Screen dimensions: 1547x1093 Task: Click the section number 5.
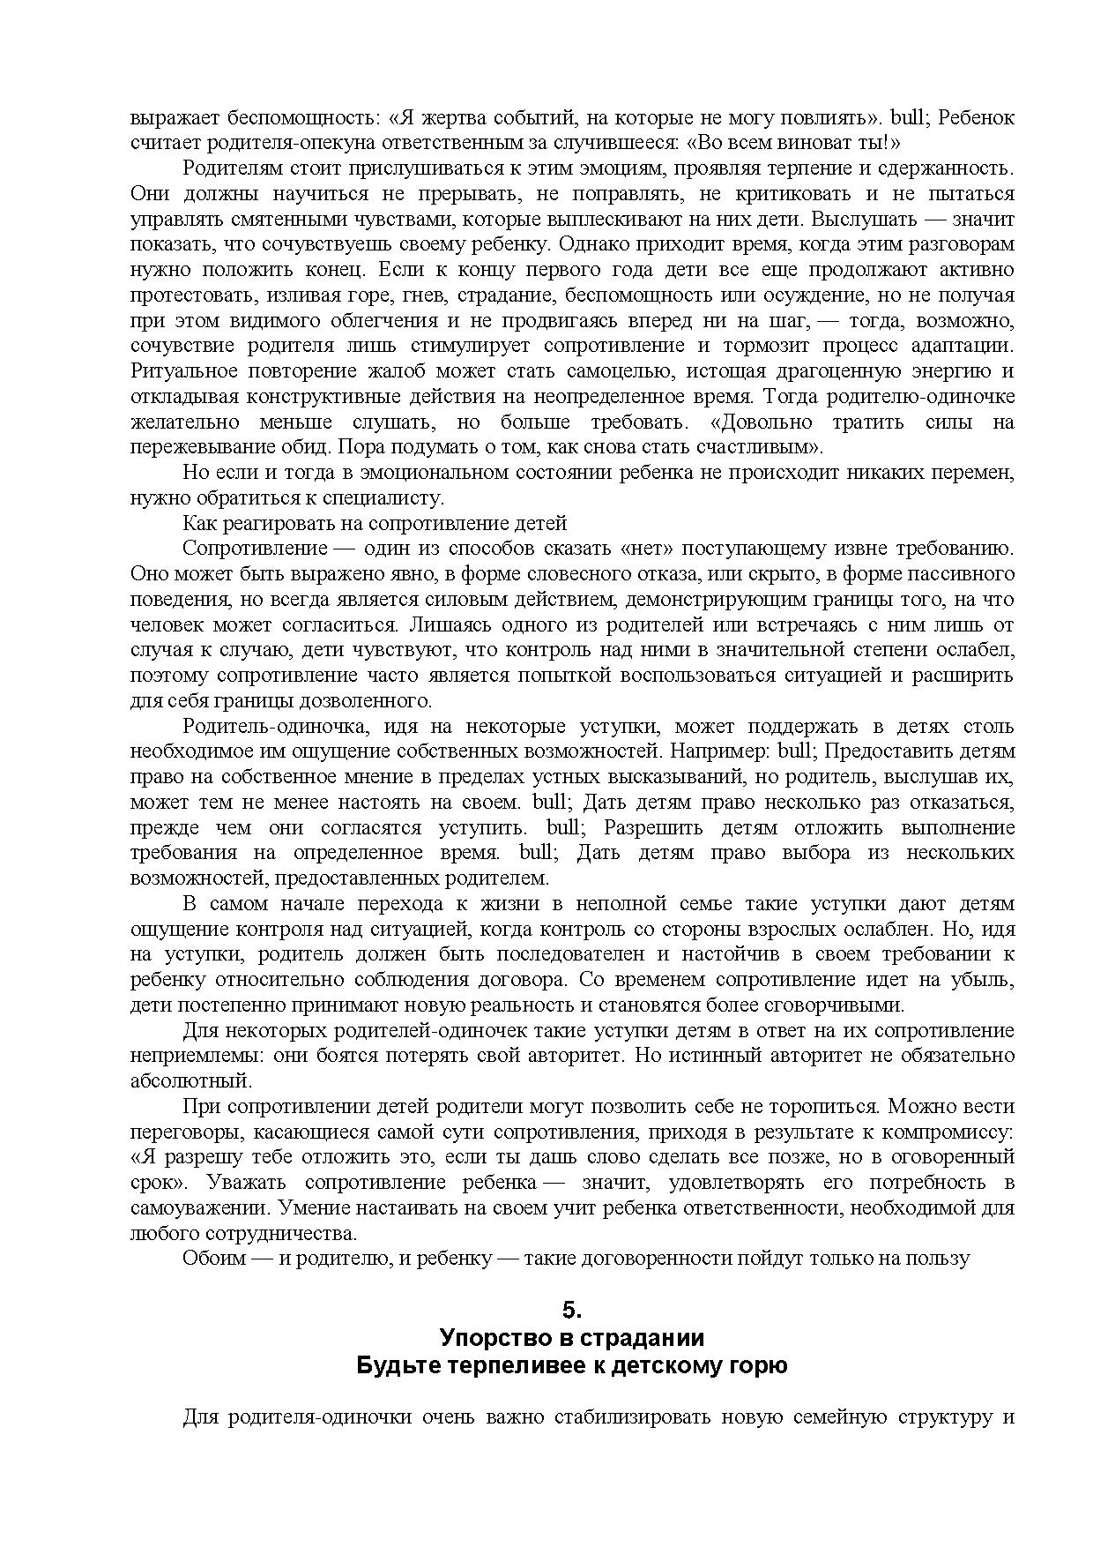[x=572, y=1309]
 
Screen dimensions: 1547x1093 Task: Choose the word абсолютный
[x=190, y=1080]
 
